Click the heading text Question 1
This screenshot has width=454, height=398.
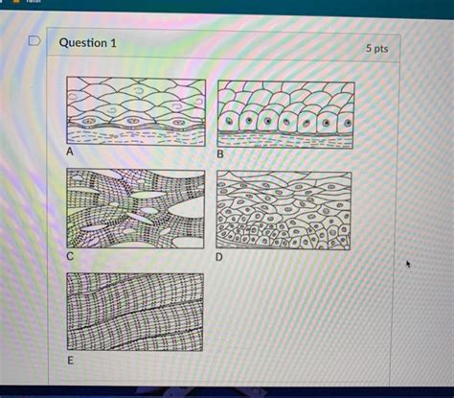88,43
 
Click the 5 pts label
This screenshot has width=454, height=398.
376,48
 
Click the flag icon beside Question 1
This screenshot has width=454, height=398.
34,41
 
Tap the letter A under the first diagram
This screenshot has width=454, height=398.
70,152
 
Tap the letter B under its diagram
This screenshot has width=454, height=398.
220,154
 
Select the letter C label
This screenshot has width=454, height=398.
70,256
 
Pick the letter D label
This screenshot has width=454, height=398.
219,257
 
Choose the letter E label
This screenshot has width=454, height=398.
70,361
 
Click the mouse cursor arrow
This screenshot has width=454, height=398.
408,264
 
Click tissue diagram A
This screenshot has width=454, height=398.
136,111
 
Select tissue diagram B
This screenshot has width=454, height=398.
285,115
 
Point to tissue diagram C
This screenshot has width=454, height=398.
136,209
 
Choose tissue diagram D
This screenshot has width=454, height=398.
284,210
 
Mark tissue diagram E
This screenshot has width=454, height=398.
135,312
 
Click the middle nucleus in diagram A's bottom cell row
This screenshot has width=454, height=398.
132,121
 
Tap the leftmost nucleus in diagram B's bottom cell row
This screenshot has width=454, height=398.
229,121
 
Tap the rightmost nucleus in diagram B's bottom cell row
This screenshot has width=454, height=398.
348,123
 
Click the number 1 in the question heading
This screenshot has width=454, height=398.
113,43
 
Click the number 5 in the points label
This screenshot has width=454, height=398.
369,48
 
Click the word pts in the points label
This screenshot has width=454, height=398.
381,49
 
